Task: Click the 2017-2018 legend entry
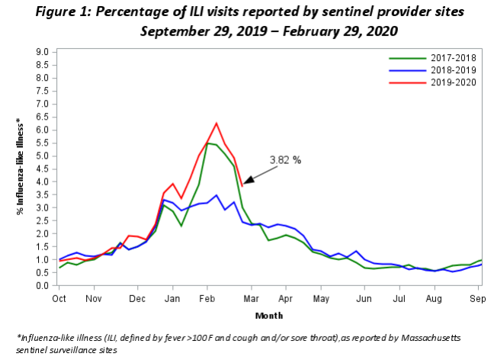click(432, 58)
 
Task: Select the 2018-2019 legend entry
click(432, 70)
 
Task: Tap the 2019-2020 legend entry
click(432, 82)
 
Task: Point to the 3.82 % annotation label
click(285, 160)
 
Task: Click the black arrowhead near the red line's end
click(249, 180)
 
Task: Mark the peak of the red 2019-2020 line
click(217, 123)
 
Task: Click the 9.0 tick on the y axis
click(42, 52)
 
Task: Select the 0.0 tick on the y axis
click(42, 285)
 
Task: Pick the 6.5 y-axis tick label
click(42, 117)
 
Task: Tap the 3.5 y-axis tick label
click(42, 194)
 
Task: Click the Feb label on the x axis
click(207, 298)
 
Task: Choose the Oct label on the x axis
click(59, 298)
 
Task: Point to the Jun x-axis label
click(364, 298)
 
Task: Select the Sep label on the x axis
click(478, 298)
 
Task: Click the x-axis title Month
click(269, 316)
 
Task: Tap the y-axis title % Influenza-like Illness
click(20, 166)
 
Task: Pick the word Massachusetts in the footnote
click(431, 338)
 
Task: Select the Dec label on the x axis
click(137, 298)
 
